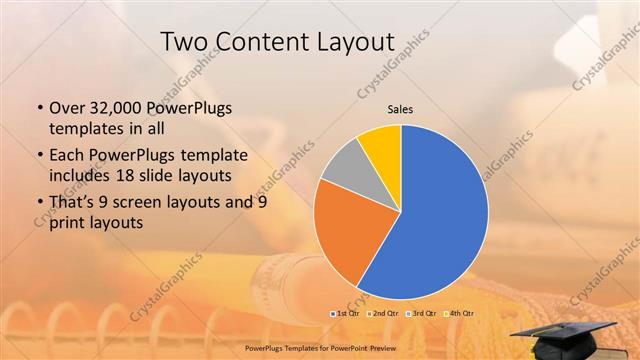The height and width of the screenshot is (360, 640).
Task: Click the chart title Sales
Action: click(x=400, y=109)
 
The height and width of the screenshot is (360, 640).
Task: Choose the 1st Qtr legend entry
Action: click(x=345, y=314)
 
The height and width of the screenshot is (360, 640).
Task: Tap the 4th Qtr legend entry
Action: click(x=459, y=314)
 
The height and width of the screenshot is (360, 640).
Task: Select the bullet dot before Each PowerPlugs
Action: click(x=38, y=157)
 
